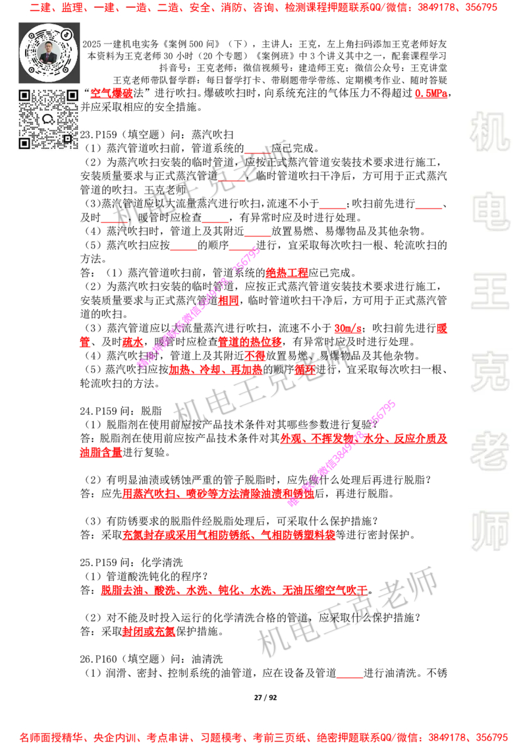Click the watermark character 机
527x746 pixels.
click(489, 132)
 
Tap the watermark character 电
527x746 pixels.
click(492, 211)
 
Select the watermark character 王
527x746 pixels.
click(489, 292)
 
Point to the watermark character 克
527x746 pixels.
click(489, 372)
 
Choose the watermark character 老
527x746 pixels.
click(489, 451)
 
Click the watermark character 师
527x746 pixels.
click(489, 532)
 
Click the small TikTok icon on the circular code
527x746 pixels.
click(67, 34)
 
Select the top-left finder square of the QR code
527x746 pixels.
click(25, 96)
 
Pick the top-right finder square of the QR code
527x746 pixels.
click(72, 96)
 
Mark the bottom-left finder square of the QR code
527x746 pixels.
click(25, 143)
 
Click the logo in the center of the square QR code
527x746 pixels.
click(48, 119)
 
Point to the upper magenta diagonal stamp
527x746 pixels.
click(198, 307)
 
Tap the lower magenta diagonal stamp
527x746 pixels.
click(341, 453)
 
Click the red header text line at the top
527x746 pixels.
click(263, 9)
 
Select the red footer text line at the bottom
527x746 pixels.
click(263, 737)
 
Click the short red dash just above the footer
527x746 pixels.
click(350, 677)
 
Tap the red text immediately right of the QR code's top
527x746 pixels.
click(111, 94)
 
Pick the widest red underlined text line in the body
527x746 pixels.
click(234, 588)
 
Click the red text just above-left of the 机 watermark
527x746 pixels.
click(430, 94)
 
